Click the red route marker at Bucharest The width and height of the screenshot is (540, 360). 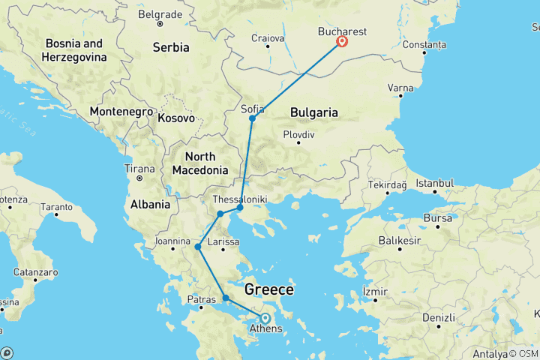pos(342,42)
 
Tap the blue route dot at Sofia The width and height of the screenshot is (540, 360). pos(253,118)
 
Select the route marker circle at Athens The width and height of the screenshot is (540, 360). pos(265,318)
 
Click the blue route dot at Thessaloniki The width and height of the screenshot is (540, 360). pos(239,207)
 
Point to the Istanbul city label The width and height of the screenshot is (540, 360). pos(436,183)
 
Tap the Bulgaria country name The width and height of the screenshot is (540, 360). pos(313,112)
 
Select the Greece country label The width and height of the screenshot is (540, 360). pos(268,289)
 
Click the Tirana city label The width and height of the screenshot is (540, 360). pos(139,169)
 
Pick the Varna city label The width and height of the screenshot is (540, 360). pos(400,88)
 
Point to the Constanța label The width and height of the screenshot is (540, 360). pos(424,44)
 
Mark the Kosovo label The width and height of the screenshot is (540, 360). pos(176,118)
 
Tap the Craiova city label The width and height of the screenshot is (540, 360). pos(268,37)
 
